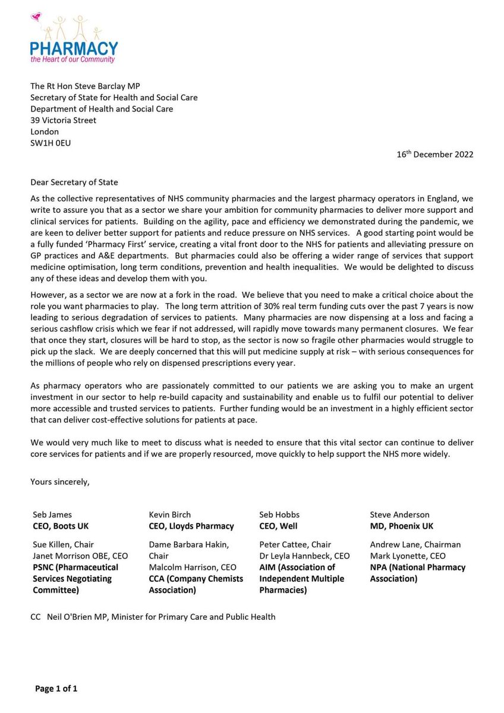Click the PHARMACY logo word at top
tap(74, 49)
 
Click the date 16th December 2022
tap(435, 154)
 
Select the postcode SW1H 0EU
tap(51, 143)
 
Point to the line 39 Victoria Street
tap(63, 120)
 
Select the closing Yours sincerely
tap(60, 482)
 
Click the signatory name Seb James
tap(52, 515)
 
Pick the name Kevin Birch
tap(169, 515)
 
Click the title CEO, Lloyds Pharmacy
tap(191, 526)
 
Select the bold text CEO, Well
tap(278, 526)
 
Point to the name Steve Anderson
tap(399, 515)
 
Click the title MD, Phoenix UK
tap(402, 526)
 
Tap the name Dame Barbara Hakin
tap(188, 544)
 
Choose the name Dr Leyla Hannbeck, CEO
tap(304, 556)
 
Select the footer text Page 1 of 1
tap(56, 689)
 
